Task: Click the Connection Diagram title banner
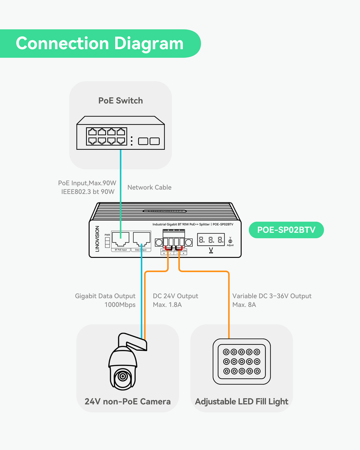(x=100, y=44)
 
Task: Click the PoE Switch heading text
(x=120, y=100)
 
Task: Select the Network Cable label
(x=149, y=187)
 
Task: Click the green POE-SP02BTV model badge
(x=286, y=230)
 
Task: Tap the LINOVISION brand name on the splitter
(x=97, y=239)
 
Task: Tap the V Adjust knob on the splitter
(x=230, y=241)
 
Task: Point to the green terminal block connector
(x=173, y=239)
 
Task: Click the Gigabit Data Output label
(x=105, y=296)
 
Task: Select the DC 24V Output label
(x=175, y=296)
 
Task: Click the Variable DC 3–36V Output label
(x=272, y=296)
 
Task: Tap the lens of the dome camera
(x=122, y=376)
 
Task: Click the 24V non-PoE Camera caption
(x=127, y=401)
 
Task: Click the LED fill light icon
(x=242, y=361)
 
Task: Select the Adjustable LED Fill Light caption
(x=242, y=401)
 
